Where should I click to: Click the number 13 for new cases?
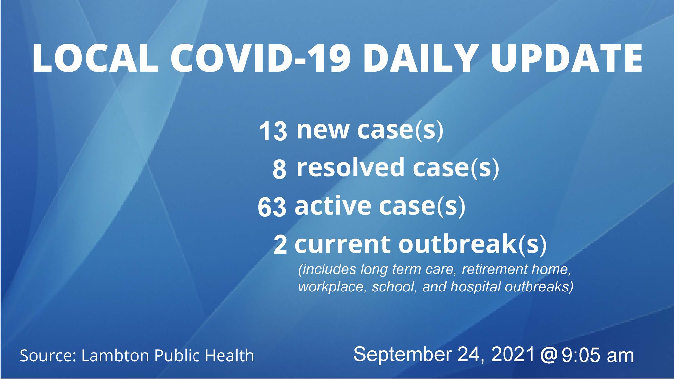(273, 131)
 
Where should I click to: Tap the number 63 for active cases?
(272, 207)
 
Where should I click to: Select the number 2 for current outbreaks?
(280, 245)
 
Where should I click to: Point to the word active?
(333, 206)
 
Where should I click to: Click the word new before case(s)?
(323, 130)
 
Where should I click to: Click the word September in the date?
(402, 355)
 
